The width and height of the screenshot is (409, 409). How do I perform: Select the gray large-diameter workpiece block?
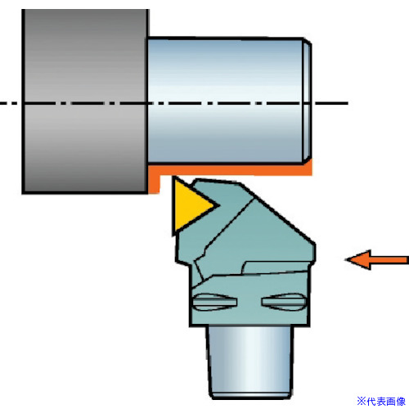tap(85, 101)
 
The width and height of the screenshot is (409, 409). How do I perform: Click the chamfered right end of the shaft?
tap(308, 101)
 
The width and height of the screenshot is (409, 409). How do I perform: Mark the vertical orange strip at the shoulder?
tap(154, 184)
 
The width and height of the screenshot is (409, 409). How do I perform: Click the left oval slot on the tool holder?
tap(214, 302)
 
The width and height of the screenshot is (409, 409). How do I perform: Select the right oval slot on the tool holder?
tap(284, 302)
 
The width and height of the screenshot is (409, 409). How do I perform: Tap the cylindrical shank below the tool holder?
tap(250, 362)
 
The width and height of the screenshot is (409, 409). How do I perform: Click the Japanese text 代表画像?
tap(386, 402)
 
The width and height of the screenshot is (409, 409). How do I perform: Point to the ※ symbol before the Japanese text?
tap(362, 402)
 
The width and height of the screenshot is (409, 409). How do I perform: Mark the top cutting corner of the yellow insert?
tap(173, 178)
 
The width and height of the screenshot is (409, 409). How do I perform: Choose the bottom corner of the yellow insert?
tap(173, 235)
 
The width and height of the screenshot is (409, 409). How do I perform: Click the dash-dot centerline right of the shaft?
tap(330, 103)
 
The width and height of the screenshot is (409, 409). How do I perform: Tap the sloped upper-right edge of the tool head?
tap(277, 213)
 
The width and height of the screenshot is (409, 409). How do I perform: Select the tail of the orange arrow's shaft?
tap(407, 260)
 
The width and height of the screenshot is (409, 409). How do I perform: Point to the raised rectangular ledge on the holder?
tap(276, 267)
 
